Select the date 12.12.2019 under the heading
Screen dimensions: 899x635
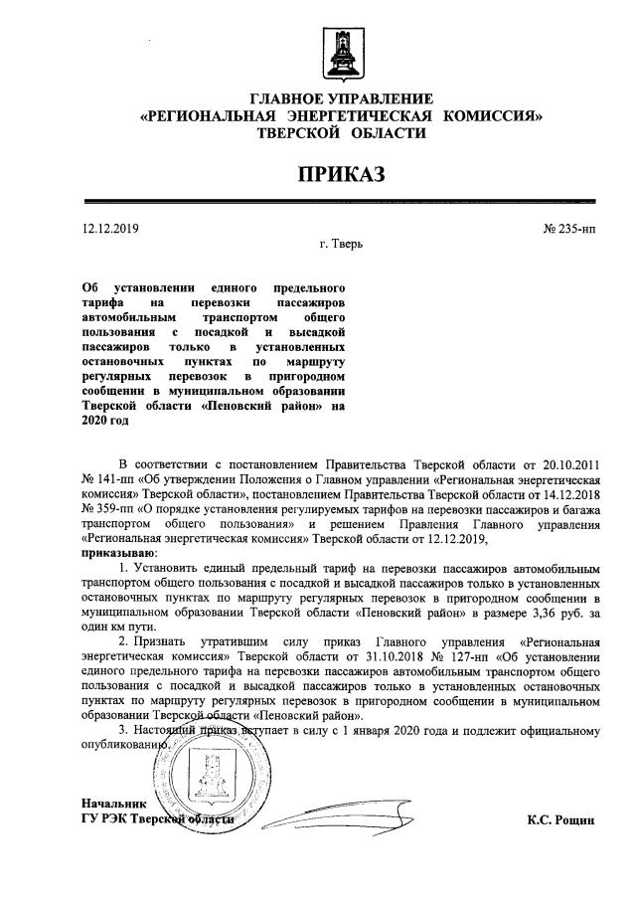click(x=110, y=229)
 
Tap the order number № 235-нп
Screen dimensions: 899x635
click(x=569, y=229)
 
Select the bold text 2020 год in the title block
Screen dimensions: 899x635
click(x=104, y=421)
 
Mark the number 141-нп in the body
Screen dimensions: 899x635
click(x=112, y=478)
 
